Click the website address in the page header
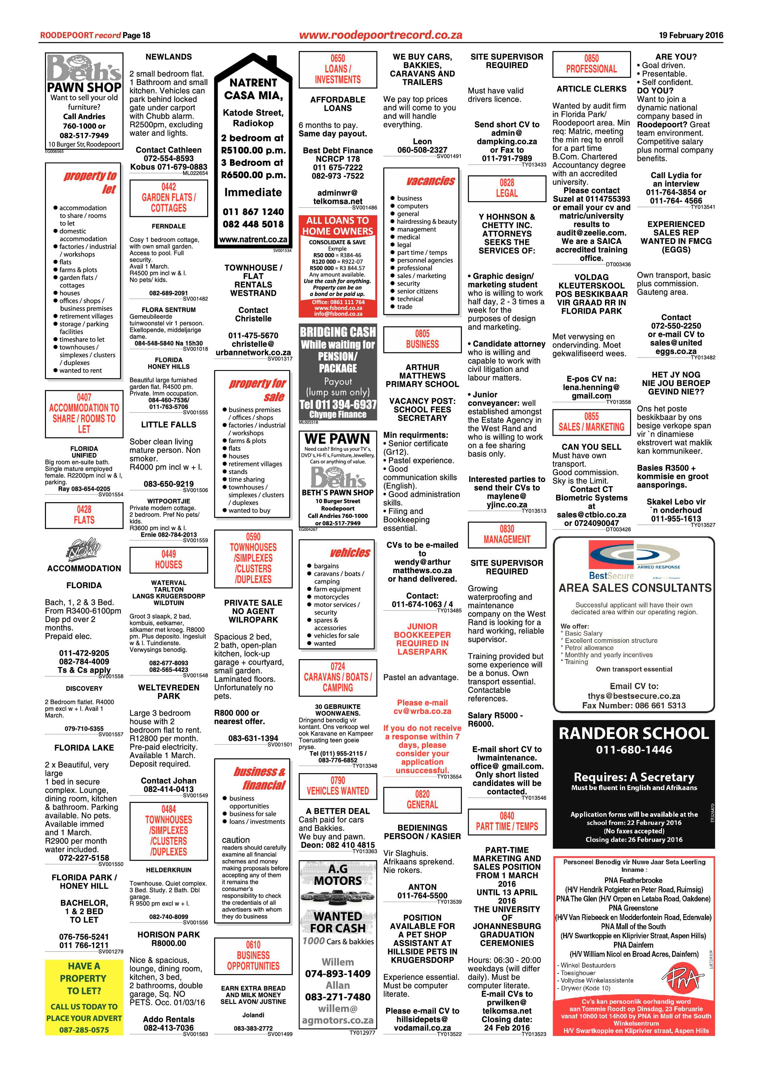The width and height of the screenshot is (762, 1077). point(381,35)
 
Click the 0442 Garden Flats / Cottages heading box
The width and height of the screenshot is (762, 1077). point(168,198)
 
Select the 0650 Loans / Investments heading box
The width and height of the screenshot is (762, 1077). point(338,69)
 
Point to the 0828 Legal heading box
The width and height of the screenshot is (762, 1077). point(507,188)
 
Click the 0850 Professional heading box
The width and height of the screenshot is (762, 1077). point(591,64)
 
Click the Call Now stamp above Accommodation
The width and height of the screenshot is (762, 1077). point(84,548)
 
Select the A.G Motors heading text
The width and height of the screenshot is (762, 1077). point(338,875)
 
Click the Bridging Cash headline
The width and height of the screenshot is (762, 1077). point(338,332)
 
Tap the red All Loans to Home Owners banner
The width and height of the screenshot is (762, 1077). point(338,226)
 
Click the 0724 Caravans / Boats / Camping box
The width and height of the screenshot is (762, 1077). point(338,677)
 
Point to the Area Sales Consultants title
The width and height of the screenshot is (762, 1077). point(634,588)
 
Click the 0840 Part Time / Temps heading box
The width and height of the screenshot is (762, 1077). point(507,821)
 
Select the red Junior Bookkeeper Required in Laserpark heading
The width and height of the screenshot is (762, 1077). point(422,639)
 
